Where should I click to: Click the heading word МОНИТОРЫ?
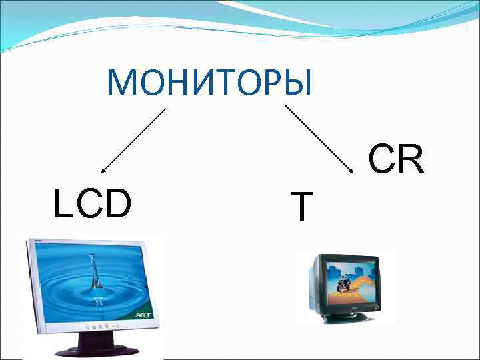(209, 83)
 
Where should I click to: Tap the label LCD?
(93, 205)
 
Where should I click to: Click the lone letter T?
(302, 207)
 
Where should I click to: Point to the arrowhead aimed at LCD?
(103, 172)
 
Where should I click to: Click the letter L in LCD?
(62, 205)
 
